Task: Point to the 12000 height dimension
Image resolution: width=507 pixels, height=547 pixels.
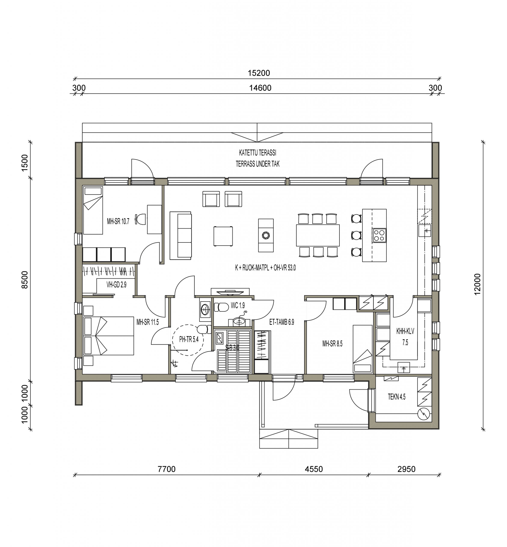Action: point(477,284)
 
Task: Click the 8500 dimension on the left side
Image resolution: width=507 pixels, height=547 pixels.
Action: point(25,279)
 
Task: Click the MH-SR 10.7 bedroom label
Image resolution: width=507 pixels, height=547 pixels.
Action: point(118,221)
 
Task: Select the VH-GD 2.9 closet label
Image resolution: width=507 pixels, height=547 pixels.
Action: point(116,285)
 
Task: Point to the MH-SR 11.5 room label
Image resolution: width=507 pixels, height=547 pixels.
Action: point(148,322)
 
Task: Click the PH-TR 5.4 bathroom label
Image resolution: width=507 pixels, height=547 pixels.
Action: point(189,340)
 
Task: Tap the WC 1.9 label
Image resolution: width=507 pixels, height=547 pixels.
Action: point(238,305)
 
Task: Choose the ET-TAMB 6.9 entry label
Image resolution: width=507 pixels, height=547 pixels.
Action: point(282,322)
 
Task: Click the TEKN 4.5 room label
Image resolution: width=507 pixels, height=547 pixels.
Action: point(396,397)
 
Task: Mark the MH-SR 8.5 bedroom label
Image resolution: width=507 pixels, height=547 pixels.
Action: point(332,344)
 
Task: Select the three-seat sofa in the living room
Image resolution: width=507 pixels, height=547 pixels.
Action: point(181,235)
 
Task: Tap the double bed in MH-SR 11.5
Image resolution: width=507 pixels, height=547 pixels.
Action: point(109,336)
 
